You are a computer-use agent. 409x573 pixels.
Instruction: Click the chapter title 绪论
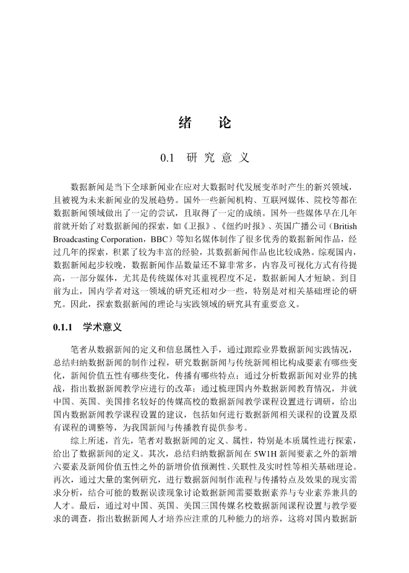tap(204, 123)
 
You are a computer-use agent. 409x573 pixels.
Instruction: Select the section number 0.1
tap(168, 158)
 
